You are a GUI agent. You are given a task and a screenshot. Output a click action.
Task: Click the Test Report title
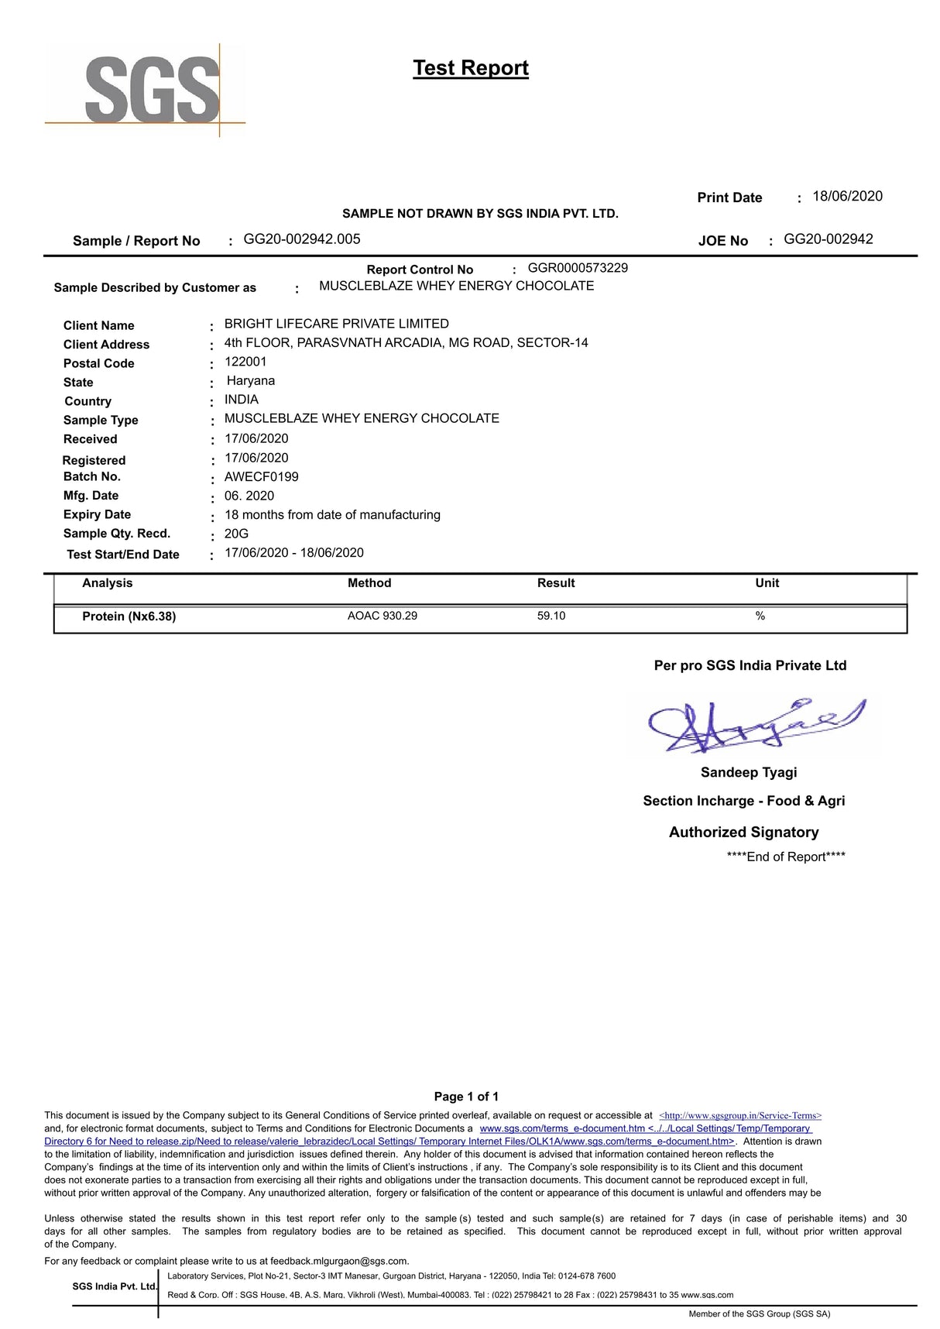pos(471,68)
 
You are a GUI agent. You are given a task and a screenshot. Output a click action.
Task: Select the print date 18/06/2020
pos(847,197)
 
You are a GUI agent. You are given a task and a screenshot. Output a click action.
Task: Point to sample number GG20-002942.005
pos(302,239)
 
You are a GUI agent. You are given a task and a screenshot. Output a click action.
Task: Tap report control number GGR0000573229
pos(578,268)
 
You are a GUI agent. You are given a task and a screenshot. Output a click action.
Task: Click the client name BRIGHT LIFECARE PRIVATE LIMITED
pos(336,324)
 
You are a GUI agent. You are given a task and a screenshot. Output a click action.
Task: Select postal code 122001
pos(245,362)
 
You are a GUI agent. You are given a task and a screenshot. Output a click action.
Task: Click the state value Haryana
pos(251,381)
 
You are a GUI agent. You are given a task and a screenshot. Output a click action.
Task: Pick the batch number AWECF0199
pos(262,477)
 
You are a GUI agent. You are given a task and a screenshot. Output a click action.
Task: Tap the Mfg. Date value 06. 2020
pos(249,496)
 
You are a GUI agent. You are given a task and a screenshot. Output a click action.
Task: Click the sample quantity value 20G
pos(237,534)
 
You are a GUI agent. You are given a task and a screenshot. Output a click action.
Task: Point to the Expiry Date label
pos(98,515)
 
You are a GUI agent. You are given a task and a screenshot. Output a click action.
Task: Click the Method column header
pos(369,583)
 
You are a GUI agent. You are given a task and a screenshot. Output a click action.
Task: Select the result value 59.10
pos(551,616)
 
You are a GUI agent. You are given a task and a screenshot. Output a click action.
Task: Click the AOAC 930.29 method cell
pos(383,616)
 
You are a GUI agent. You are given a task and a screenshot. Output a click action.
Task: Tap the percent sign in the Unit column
pos(760,616)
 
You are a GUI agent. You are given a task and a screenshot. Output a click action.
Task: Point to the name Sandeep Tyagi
pos(749,772)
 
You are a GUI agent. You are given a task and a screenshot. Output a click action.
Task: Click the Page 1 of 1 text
pos(466,1097)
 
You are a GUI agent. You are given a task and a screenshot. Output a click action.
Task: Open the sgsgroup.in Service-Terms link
pos(740,1116)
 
